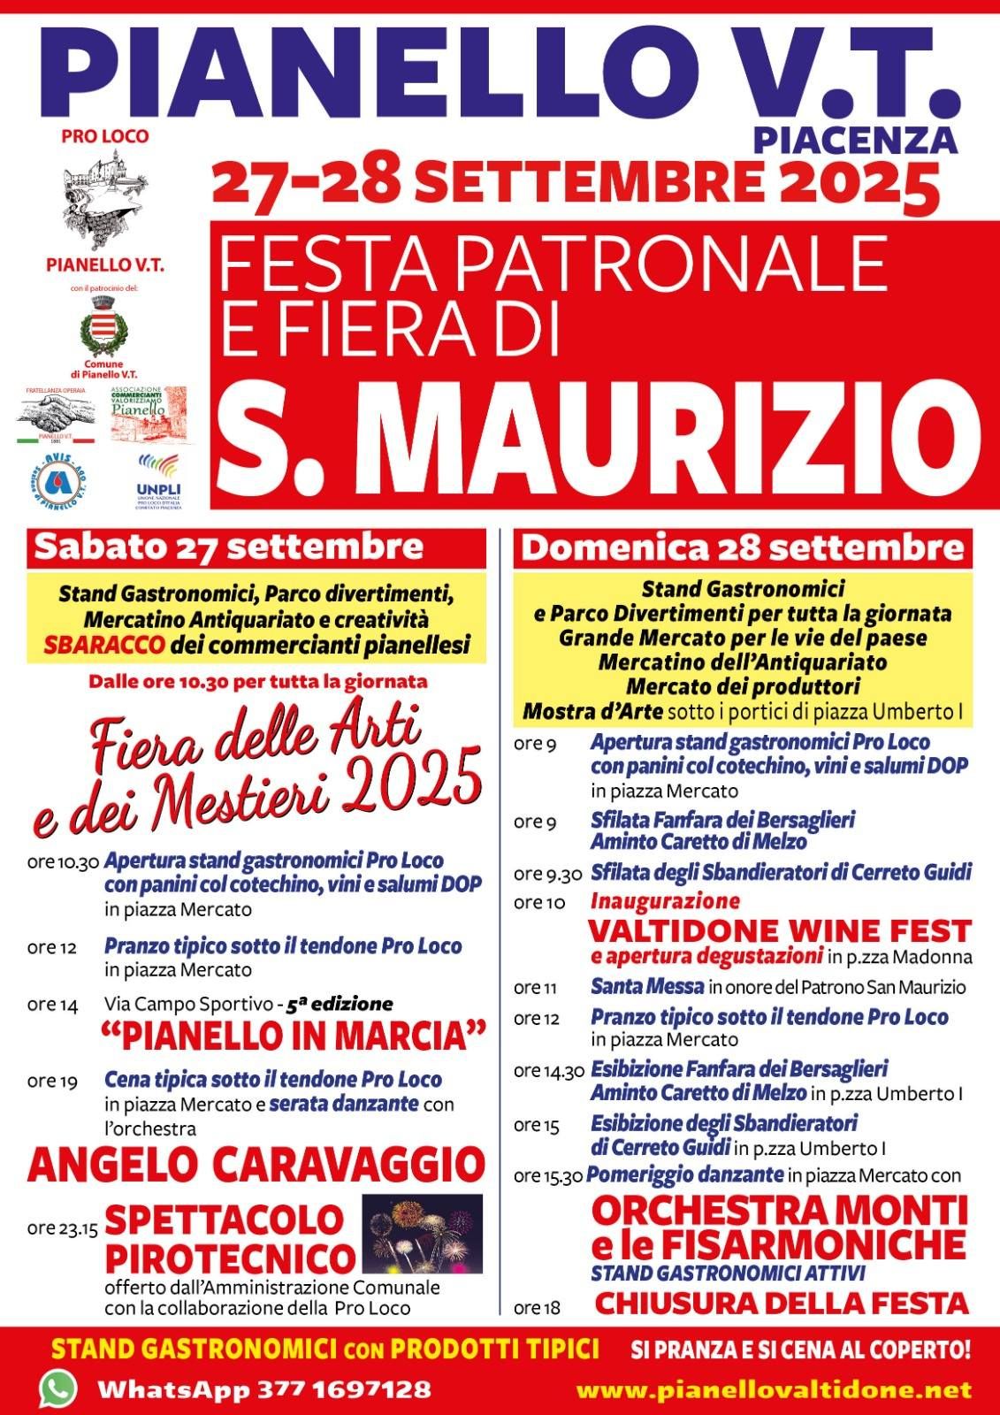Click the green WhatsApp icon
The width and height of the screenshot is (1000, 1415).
58,1388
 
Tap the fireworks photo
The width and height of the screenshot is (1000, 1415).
423,1233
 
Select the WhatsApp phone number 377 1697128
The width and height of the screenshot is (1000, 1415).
346,1389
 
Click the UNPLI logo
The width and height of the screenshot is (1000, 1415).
159,478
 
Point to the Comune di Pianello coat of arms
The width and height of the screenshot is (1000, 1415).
103,326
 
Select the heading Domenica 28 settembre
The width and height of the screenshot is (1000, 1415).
742,547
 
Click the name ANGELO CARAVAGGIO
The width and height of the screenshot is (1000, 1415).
256,1164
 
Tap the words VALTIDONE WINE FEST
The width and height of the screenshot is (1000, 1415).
779,930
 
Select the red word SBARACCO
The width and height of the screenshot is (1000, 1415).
104,645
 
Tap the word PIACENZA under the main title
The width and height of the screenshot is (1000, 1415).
855,139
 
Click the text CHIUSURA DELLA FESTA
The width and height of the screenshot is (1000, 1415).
782,1303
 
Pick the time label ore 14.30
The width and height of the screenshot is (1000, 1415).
549,1072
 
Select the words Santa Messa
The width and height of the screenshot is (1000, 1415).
647,986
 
